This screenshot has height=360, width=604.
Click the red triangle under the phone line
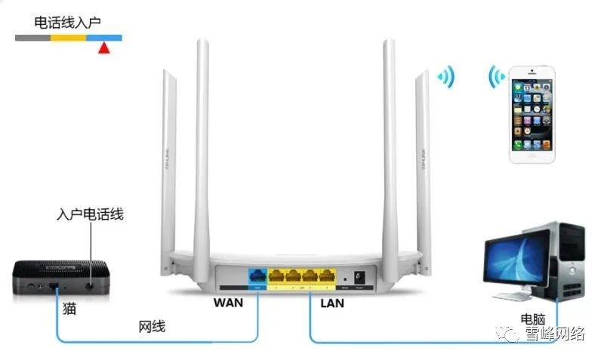[x=104, y=48]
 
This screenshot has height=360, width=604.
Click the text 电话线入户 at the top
[x=67, y=22]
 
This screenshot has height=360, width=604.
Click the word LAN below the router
[x=332, y=303]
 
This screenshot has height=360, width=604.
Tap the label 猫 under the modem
[x=69, y=309]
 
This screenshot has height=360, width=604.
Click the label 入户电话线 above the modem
[x=90, y=214]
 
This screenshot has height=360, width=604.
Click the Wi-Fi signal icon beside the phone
[x=495, y=76]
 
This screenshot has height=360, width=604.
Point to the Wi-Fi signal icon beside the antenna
[x=445, y=76]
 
